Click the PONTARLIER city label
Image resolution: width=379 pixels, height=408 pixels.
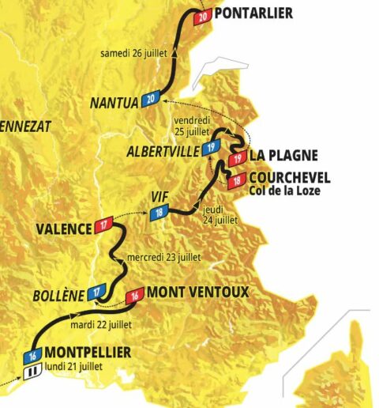(253, 13)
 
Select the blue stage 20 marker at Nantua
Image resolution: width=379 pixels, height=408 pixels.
(152, 99)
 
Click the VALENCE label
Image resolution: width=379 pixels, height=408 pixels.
(62, 230)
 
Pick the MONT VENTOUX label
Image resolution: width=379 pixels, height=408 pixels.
(197, 293)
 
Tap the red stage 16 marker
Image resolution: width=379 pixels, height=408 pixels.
(135, 294)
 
